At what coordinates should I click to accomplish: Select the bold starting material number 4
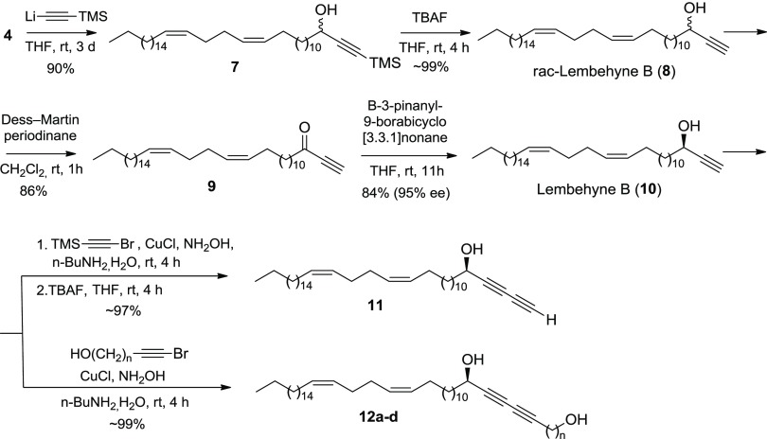[x=9, y=42]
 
